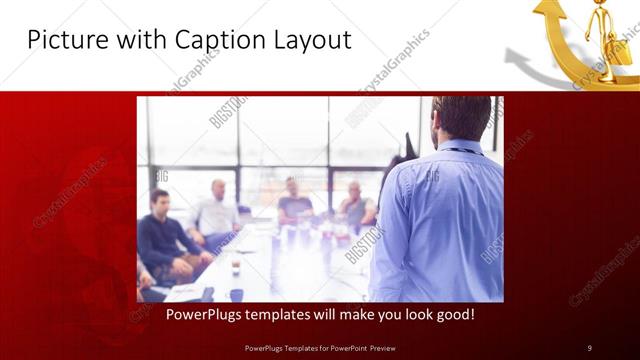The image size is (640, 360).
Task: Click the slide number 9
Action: coord(589,347)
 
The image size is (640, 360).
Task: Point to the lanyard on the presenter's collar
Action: coord(459,151)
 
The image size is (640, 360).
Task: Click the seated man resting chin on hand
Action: coord(355,204)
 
